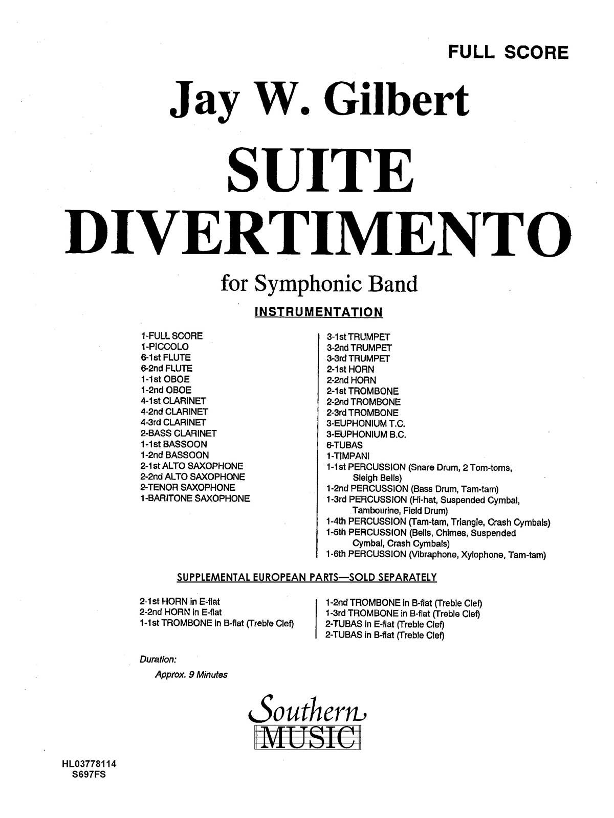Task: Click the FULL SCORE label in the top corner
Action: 508,52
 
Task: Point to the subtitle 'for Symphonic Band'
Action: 319,284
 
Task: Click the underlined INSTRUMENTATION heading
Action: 319,312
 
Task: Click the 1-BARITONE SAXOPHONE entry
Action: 195,498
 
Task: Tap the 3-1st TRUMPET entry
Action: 358,337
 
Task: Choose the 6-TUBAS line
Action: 344,445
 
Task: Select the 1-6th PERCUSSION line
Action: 436,555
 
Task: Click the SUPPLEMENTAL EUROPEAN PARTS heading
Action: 306,577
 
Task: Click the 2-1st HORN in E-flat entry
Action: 180,602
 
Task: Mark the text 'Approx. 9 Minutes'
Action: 191,674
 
